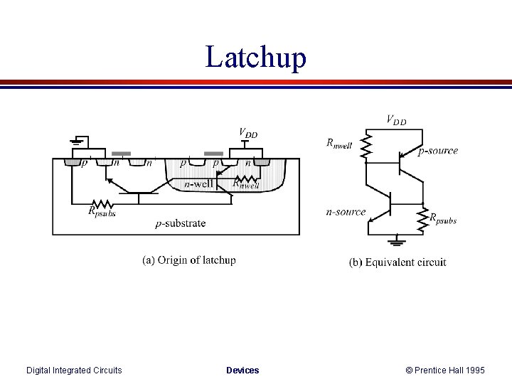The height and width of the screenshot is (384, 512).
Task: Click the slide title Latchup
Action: click(x=256, y=57)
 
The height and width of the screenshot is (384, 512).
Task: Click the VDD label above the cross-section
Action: click(x=248, y=133)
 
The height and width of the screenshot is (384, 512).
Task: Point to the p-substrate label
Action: click(x=181, y=223)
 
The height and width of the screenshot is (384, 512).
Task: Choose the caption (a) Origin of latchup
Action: click(x=189, y=260)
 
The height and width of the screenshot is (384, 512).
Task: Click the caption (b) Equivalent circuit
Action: click(x=398, y=262)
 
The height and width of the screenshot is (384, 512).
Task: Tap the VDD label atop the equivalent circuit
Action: click(x=396, y=120)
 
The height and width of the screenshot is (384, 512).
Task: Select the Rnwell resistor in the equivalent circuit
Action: click(x=366, y=148)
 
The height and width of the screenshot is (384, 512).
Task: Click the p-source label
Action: click(x=438, y=151)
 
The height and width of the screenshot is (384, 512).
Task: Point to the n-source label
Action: click(x=346, y=211)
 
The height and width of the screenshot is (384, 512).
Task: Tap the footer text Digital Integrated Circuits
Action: click(x=74, y=370)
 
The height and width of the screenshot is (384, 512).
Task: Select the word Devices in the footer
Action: click(x=242, y=370)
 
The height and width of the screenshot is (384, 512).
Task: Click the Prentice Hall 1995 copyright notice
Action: click(x=445, y=370)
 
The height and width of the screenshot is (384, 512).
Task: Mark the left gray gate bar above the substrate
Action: click(x=122, y=153)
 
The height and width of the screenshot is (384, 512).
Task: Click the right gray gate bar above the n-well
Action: click(x=213, y=153)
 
